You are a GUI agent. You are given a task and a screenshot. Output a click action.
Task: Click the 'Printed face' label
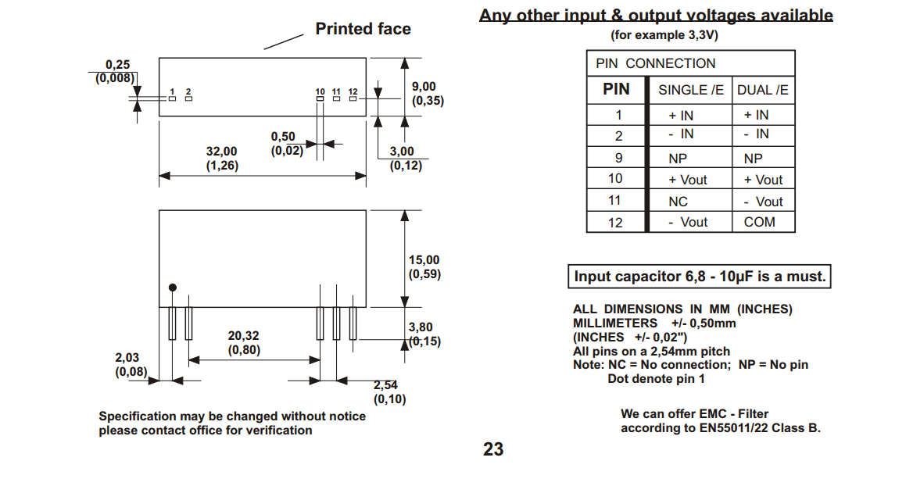363,29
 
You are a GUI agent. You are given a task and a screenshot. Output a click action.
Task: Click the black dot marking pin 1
172,288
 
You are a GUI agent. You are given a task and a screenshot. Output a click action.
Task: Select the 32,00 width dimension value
221,152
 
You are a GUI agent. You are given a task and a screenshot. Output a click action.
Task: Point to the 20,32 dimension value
243,336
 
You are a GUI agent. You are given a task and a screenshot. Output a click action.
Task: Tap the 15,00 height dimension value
424,260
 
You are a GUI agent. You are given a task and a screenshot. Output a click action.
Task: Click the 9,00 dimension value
424,87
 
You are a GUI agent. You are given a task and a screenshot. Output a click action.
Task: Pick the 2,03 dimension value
127,357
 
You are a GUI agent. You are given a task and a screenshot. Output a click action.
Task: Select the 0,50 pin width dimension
283,137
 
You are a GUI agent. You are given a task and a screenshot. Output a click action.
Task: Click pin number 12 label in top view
353,92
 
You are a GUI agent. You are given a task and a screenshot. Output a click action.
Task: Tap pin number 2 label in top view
188,92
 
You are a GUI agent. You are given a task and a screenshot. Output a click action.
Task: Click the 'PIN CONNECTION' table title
656,63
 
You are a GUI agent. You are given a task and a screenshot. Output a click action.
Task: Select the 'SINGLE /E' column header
691,90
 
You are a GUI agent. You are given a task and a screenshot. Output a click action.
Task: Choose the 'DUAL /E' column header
763,90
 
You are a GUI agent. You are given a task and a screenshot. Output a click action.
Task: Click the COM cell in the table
759,223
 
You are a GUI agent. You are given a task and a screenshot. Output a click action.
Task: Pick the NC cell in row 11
678,202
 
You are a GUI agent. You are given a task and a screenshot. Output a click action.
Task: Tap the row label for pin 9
618,159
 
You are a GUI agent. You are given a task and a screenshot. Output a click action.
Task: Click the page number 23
493,449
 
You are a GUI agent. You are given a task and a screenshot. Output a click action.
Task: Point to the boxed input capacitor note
700,277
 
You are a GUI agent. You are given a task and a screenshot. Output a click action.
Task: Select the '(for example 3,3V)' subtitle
664,35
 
